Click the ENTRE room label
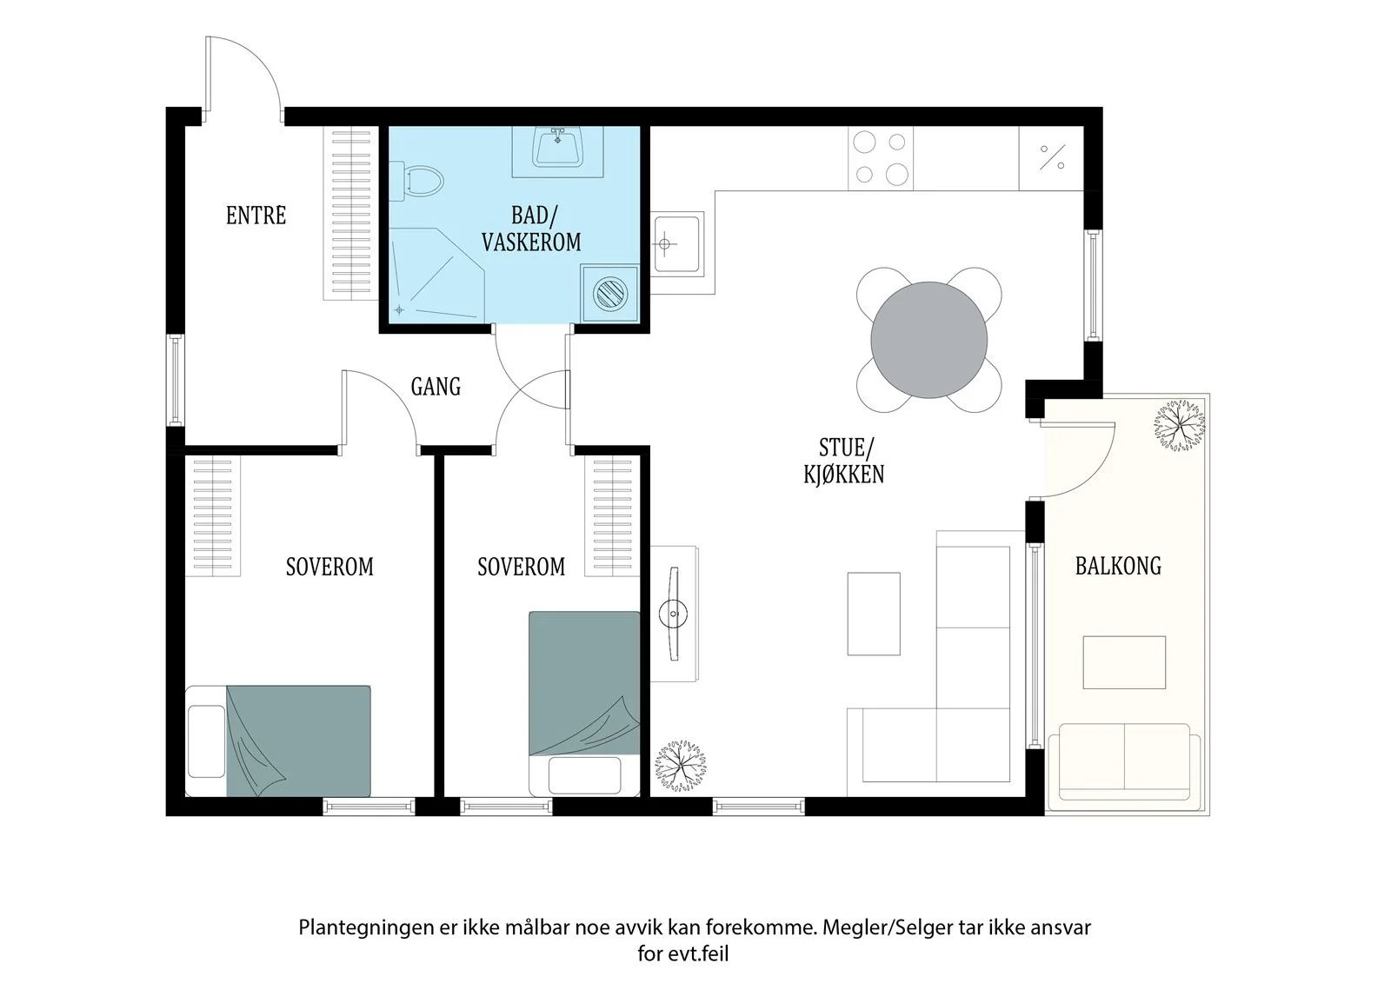point(256,216)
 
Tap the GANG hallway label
point(436,386)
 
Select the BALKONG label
point(1118,566)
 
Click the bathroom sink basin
point(557,148)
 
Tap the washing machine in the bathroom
point(609,294)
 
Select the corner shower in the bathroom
point(436,276)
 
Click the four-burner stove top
point(881,158)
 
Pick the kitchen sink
point(677,243)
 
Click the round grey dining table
point(929,340)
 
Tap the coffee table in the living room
point(874,614)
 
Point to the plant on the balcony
point(1179,425)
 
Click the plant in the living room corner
point(681,765)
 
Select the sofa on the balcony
point(1124,767)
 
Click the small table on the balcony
point(1124,662)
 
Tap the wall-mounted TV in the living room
point(674,614)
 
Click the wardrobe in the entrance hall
point(351,214)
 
